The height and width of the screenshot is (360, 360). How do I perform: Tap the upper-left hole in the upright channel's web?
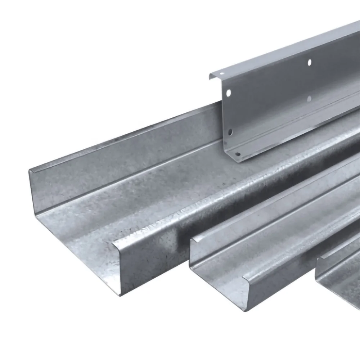point(228,93)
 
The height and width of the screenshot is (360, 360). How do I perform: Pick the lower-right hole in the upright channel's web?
point(309,98)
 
